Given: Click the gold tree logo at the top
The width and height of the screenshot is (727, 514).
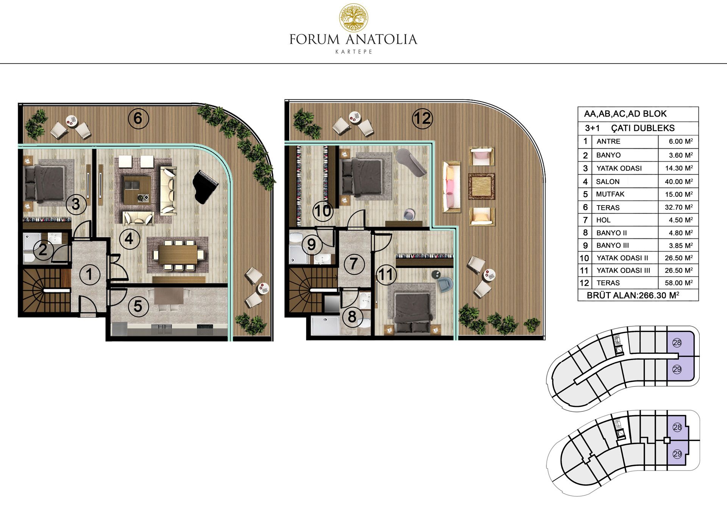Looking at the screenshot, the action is pyautogui.click(x=353, y=17).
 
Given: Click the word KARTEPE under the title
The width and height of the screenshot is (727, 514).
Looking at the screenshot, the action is pyautogui.click(x=354, y=52).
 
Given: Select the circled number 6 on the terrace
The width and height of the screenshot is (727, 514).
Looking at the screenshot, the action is pyautogui.click(x=138, y=118).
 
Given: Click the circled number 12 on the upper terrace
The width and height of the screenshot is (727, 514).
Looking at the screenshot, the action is pyautogui.click(x=422, y=118).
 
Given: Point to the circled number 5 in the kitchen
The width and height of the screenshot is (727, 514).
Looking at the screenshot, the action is pyautogui.click(x=138, y=306).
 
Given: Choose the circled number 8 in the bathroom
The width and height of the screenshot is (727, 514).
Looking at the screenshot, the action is pyautogui.click(x=352, y=316).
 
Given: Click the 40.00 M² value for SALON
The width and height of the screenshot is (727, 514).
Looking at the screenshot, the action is pyautogui.click(x=679, y=182).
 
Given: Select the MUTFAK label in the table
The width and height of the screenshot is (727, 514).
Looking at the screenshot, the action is pyautogui.click(x=610, y=194).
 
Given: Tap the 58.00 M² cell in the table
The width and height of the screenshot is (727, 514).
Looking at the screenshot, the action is pyautogui.click(x=679, y=283).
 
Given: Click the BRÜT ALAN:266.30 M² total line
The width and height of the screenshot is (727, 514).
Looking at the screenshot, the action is pyautogui.click(x=633, y=295).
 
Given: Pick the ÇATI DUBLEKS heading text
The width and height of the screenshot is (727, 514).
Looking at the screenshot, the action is pyautogui.click(x=643, y=128).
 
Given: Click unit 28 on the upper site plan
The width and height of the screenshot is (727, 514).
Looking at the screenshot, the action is pyautogui.click(x=677, y=343).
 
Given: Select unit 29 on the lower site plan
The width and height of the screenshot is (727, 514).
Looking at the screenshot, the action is pyautogui.click(x=677, y=454).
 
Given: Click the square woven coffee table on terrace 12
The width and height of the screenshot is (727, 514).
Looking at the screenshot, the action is pyautogui.click(x=482, y=186).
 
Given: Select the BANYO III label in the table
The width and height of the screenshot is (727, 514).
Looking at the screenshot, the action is pyautogui.click(x=613, y=245).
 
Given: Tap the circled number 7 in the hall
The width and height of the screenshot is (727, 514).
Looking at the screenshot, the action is pyautogui.click(x=353, y=264).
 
